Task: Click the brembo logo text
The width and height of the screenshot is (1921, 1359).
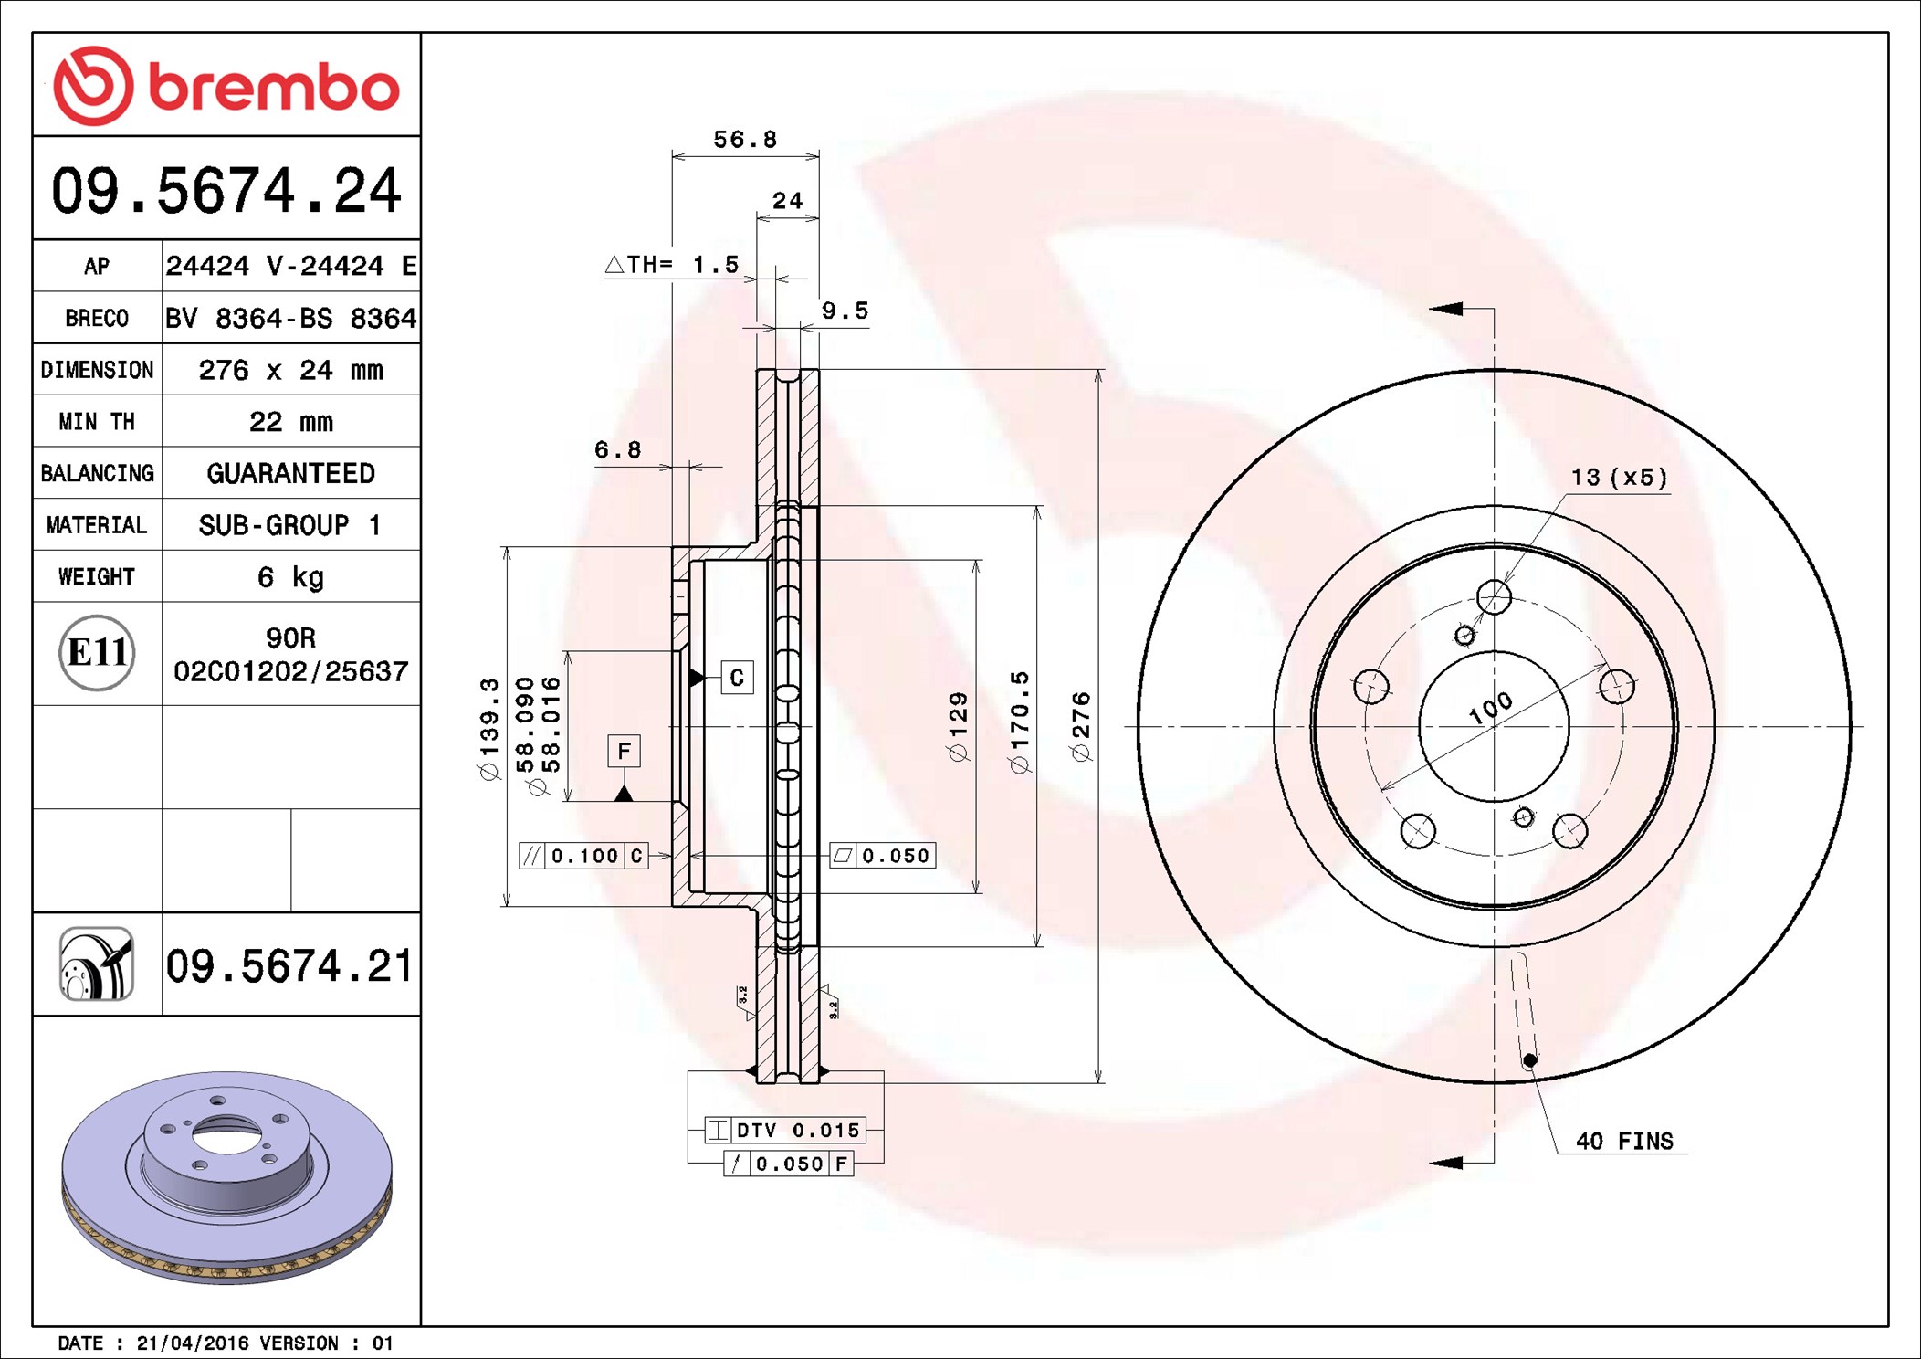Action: click(273, 88)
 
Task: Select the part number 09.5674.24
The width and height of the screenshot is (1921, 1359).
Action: click(226, 191)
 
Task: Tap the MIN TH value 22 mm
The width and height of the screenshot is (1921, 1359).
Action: click(291, 421)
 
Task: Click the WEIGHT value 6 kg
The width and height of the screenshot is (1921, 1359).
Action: click(291, 577)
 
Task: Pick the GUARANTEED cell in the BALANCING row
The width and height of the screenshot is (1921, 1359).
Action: click(291, 473)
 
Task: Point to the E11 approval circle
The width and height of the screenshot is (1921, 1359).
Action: click(97, 653)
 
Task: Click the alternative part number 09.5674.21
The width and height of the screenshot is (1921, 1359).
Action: click(289, 966)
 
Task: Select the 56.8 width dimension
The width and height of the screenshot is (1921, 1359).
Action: click(745, 140)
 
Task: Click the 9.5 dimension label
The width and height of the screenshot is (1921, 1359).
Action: click(845, 311)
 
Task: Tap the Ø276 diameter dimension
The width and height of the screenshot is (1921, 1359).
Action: click(1081, 727)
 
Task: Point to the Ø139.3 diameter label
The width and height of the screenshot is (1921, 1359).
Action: click(490, 729)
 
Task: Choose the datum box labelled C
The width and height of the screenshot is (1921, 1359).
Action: click(737, 678)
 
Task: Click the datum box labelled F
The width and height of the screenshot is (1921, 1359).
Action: click(624, 751)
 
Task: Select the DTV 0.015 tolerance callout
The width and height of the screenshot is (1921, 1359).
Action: click(785, 1130)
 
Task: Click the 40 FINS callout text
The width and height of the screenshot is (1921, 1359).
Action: click(1624, 1141)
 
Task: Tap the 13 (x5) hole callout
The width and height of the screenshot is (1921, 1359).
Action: click(1619, 478)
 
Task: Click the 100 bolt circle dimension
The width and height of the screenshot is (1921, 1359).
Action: click(1490, 708)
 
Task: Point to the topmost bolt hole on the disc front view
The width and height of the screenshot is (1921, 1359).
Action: click(1494, 597)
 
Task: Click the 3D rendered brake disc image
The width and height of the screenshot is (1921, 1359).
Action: click(226, 1177)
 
